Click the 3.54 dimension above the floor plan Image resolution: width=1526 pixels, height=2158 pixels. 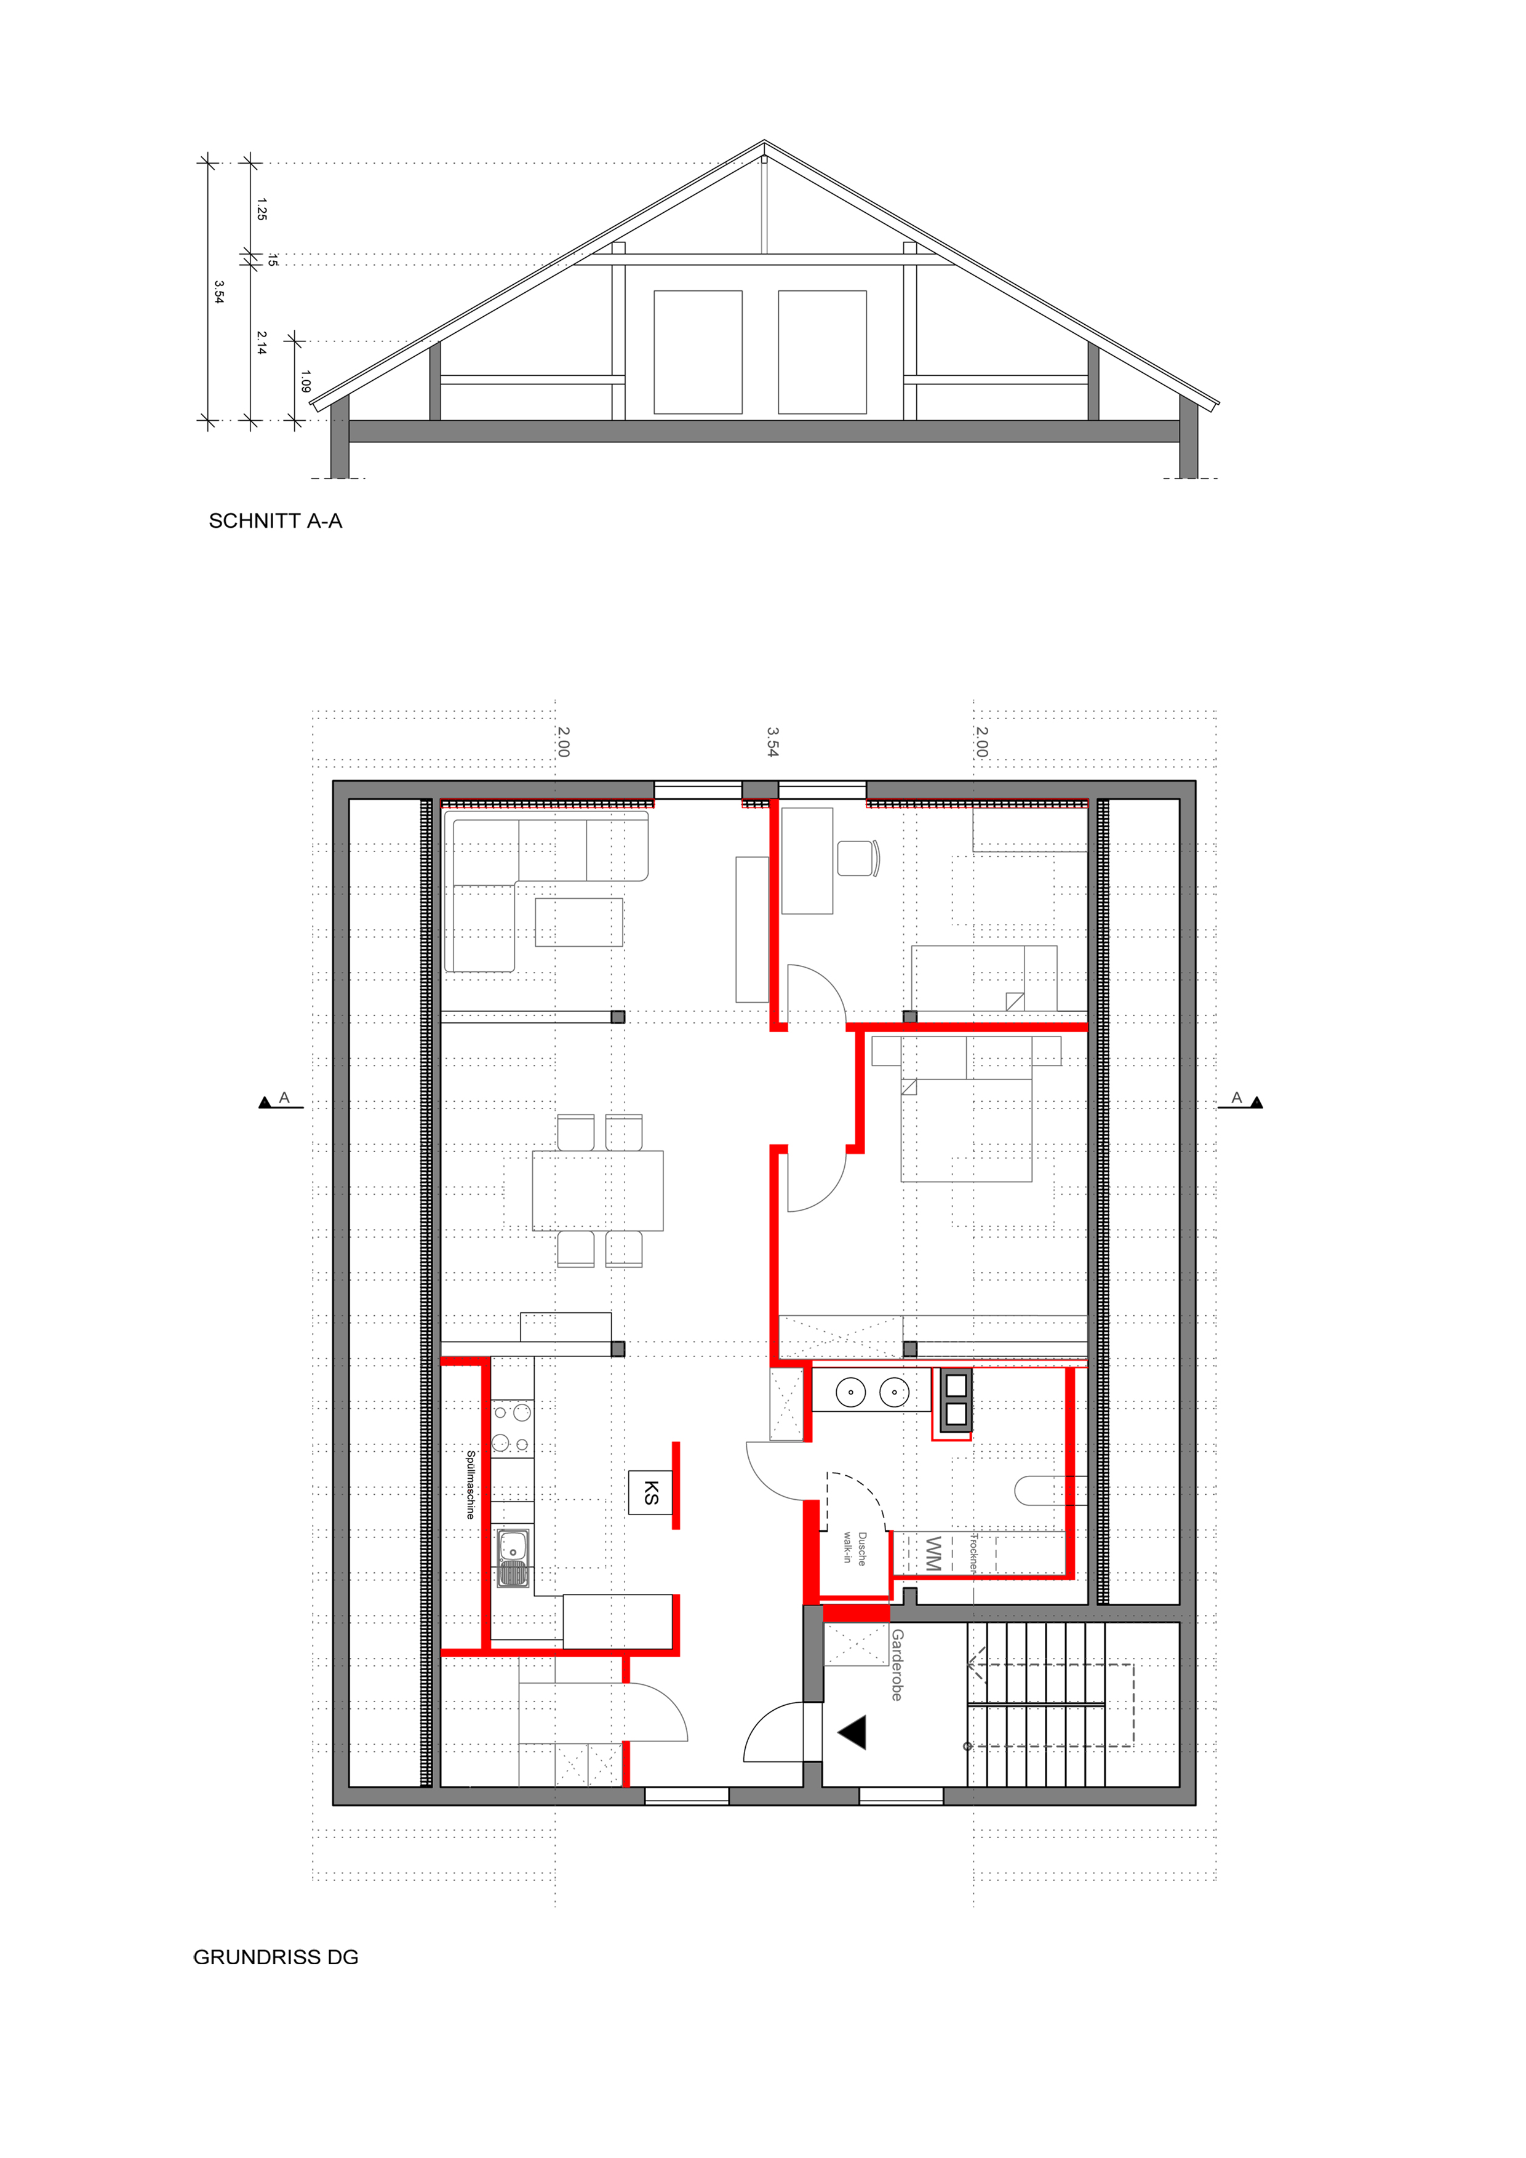pos(772,741)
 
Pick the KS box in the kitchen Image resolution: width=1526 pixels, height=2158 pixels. pos(650,1492)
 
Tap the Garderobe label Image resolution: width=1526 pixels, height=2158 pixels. pos(897,1665)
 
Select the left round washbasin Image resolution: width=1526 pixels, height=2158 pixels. pos(851,1393)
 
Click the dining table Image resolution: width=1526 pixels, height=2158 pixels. pos(598,1191)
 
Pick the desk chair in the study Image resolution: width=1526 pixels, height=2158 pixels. pos(858,858)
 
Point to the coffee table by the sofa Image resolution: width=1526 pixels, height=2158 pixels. pos(579,922)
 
